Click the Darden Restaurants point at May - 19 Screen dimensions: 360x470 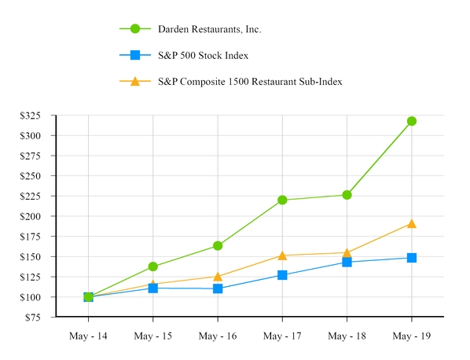pos(411,121)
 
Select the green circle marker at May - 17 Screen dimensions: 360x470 pos(282,200)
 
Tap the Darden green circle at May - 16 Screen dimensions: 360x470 pos(218,246)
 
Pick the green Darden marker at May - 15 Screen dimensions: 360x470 pos(152,266)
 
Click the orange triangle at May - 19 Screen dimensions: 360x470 pos(411,224)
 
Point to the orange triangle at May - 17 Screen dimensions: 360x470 pos(282,255)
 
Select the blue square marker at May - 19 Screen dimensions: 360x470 pos(411,258)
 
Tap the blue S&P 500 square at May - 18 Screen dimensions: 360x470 pos(347,262)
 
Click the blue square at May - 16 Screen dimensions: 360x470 pos(218,288)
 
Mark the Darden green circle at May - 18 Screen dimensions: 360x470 pos(347,195)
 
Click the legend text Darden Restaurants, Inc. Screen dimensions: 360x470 pos(209,29)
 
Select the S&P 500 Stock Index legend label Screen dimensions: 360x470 pos(204,55)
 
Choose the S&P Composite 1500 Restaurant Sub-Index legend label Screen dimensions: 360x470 pos(250,81)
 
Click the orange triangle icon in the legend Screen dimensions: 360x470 pos(135,81)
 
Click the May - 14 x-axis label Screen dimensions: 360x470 pos(88,336)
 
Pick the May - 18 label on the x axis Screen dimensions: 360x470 pos(347,336)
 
